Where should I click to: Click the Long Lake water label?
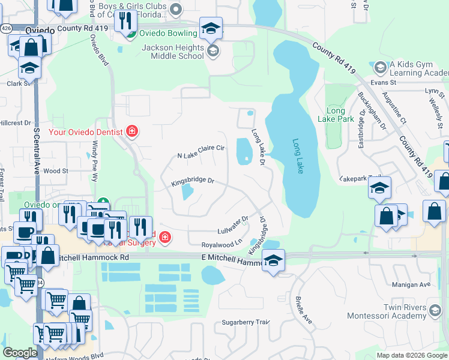298,157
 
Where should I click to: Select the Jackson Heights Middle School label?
172,52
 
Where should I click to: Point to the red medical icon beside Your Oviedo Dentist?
132,131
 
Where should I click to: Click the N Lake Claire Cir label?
200,151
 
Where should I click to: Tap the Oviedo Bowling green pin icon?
130,33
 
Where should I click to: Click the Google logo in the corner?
19,353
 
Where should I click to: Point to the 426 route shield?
7,28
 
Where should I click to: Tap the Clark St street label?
18,83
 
